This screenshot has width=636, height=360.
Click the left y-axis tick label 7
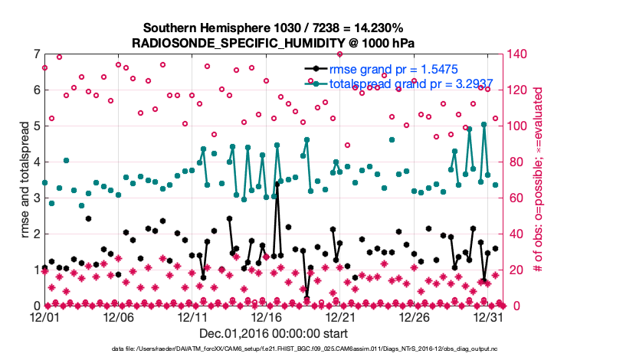coord(36,54)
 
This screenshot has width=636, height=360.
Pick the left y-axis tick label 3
coord(36,198)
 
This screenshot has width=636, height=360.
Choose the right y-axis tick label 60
coord(516,198)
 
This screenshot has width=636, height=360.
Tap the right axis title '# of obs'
coord(538,179)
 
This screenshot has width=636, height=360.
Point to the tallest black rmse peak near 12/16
coord(277,185)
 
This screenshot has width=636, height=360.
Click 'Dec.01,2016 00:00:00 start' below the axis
coord(273,333)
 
